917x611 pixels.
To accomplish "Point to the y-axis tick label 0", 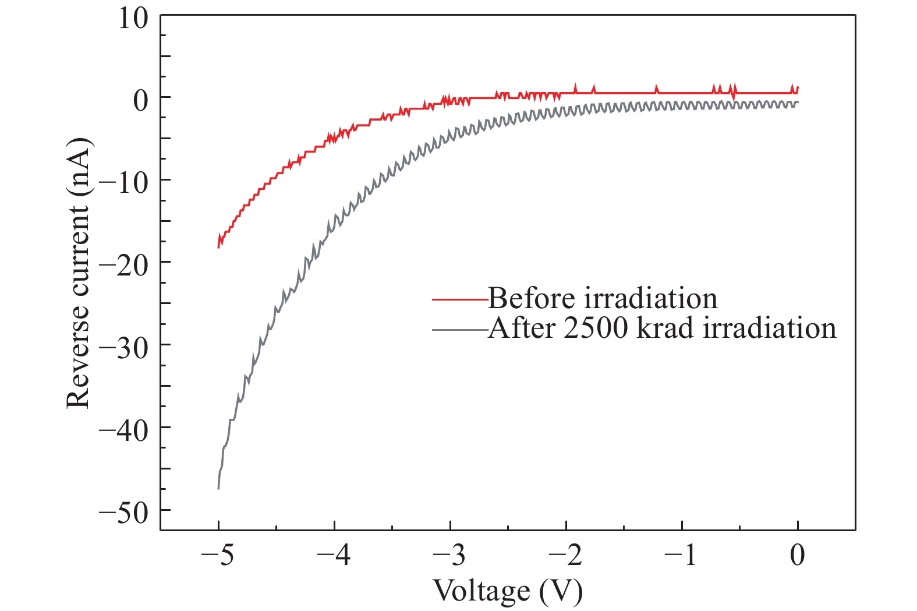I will [141, 100].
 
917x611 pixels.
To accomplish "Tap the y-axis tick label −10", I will [124, 183].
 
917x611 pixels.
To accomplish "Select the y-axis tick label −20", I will [124, 266].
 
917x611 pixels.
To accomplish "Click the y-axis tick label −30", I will [124, 348].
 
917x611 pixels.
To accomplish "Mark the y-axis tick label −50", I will [124, 513].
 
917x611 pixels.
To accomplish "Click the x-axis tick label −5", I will [217, 555].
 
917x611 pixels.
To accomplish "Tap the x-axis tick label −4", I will [334, 555].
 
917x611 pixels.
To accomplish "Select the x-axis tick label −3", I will [449, 555].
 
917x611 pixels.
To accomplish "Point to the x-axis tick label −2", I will [565, 555].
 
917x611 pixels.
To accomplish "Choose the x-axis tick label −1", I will [681, 555].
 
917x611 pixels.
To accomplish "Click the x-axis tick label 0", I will [798, 555].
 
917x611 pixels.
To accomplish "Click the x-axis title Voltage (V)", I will [508, 591].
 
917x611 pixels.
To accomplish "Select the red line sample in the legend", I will [460, 299].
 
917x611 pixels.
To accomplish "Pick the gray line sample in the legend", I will [460, 330].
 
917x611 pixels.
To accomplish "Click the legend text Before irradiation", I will [603, 298].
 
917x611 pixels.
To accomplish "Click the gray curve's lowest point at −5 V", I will [218, 488].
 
